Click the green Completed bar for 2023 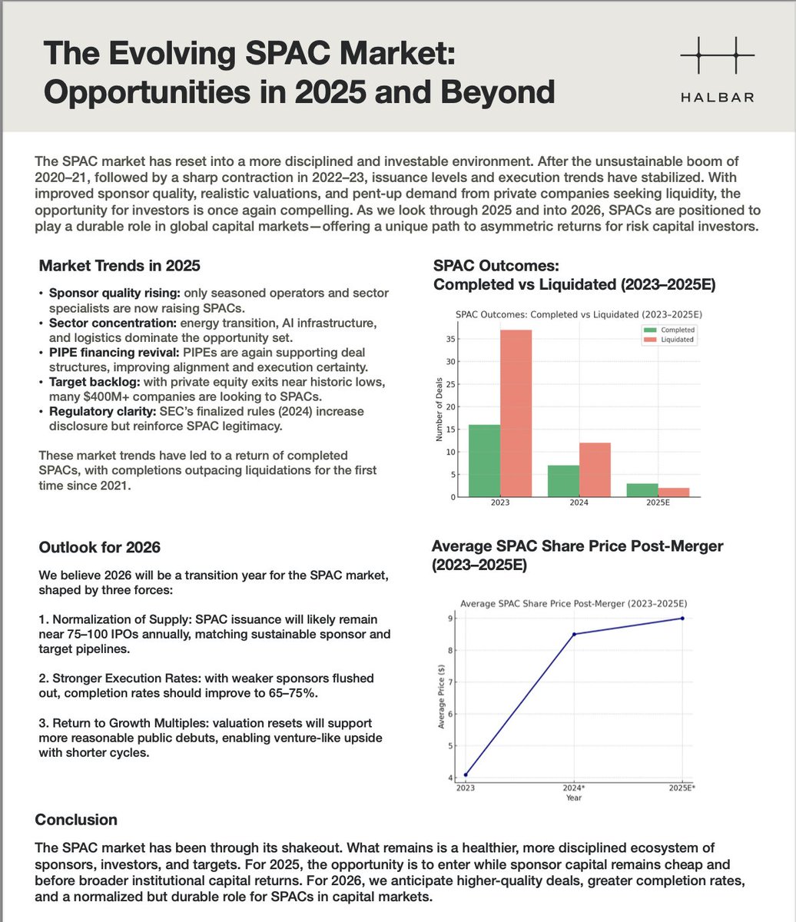coord(483,460)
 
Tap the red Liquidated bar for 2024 coord(595,469)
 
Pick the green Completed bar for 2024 coord(562,480)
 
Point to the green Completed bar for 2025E coord(642,489)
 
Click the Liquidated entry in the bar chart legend coord(676,339)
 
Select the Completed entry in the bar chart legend coord(676,329)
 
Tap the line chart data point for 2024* coord(573,634)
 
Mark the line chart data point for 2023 coord(466,774)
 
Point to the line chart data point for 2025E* coord(682,619)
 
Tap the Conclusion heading coord(76,820)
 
